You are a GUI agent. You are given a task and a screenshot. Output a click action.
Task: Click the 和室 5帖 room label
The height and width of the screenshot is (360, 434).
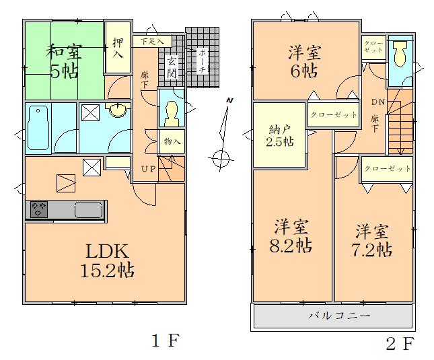pyautogui.click(x=64, y=61)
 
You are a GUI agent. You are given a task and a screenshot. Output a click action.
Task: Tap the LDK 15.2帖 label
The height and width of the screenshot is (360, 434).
pyautogui.click(x=108, y=260)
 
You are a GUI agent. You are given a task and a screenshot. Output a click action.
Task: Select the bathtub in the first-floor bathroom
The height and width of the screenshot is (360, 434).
pyautogui.click(x=38, y=128)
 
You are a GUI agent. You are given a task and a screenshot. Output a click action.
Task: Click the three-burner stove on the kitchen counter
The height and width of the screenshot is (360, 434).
pyautogui.click(x=39, y=209)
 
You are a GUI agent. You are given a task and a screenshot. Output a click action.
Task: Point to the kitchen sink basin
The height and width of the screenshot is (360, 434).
pyautogui.click(x=89, y=211)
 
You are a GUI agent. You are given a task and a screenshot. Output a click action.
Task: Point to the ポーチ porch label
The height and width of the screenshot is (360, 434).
pyautogui.click(x=203, y=61)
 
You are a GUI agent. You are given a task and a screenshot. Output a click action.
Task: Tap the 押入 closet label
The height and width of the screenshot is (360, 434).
pyautogui.click(x=118, y=48)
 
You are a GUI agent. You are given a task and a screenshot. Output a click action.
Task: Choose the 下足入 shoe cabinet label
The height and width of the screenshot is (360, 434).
pyautogui.click(x=152, y=42)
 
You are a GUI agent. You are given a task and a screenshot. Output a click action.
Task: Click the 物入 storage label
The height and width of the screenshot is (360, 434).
pyautogui.click(x=172, y=141)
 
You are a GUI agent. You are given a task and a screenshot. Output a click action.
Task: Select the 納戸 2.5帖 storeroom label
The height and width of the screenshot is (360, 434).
pyautogui.click(x=280, y=135)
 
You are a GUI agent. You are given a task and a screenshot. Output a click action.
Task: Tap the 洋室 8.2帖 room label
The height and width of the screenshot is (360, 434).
pyautogui.click(x=291, y=236)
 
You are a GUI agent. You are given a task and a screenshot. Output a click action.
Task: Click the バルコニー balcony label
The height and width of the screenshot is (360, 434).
pyautogui.click(x=339, y=316)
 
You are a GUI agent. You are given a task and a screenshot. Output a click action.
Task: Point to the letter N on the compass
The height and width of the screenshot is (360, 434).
pyautogui.click(x=229, y=100)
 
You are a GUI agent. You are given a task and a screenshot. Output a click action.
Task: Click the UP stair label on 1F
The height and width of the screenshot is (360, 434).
pyautogui.click(x=149, y=169)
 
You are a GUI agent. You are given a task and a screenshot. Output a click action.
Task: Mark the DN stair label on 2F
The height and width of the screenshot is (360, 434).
pyautogui.click(x=378, y=102)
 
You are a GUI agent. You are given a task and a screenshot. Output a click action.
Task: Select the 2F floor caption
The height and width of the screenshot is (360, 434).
pyautogui.click(x=400, y=343)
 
